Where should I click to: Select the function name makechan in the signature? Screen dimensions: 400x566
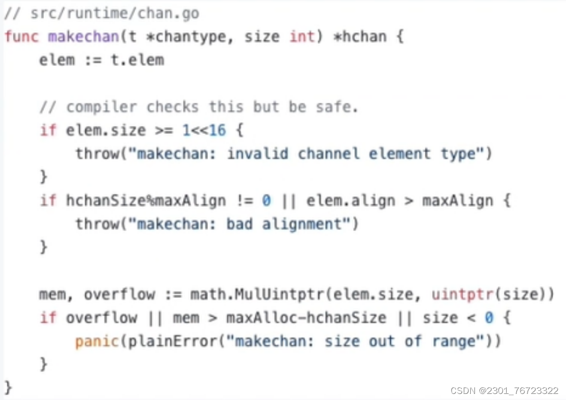point(83,36)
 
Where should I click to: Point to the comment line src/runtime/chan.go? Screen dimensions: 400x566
point(101,13)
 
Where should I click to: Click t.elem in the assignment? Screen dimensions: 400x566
point(137,60)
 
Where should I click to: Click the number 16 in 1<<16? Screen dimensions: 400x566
point(217,130)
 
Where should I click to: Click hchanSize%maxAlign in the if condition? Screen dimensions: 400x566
point(146,201)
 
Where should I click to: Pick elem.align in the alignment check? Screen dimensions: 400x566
point(351,201)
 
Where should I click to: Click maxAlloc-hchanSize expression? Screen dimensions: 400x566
point(306,318)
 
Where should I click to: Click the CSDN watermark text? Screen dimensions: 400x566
point(504,391)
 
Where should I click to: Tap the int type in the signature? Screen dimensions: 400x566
point(302,36)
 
